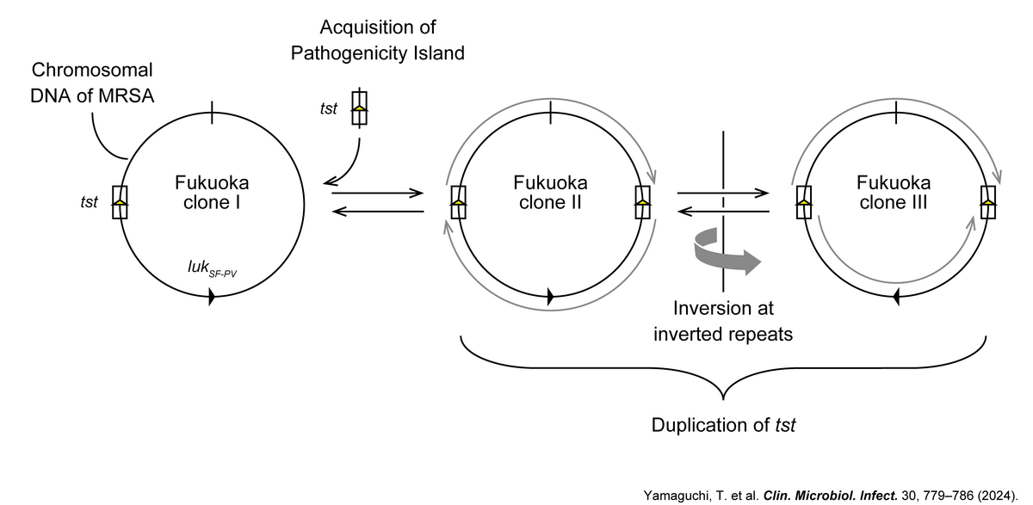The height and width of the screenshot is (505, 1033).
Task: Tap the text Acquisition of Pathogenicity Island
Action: click(x=377, y=40)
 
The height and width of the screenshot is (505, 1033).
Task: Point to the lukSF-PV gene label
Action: click(x=212, y=269)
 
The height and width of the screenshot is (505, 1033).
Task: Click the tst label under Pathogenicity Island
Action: click(x=328, y=108)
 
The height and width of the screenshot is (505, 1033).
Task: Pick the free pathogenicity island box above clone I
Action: click(x=359, y=108)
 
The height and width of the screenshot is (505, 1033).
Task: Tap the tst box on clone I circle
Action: click(x=121, y=202)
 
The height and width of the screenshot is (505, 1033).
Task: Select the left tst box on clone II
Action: click(x=459, y=202)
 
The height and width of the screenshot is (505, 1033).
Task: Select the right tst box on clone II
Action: click(x=642, y=202)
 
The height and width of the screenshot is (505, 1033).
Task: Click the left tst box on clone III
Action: click(x=803, y=202)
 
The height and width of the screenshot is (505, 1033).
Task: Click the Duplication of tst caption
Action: click(x=724, y=425)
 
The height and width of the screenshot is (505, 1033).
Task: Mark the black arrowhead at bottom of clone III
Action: click(x=895, y=297)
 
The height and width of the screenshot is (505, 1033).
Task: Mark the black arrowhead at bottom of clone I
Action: click(x=212, y=297)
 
